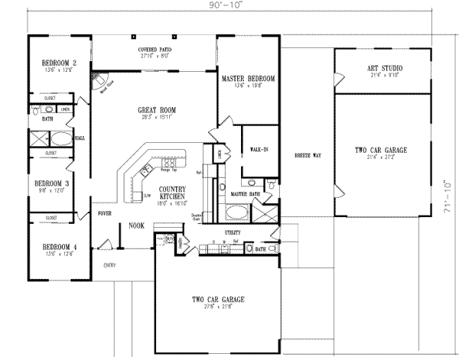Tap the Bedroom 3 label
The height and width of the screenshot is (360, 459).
(54, 184)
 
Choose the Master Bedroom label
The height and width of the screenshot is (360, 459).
(248, 79)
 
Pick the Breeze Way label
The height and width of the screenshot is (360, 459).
(308, 155)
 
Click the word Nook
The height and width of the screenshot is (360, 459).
(137, 225)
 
